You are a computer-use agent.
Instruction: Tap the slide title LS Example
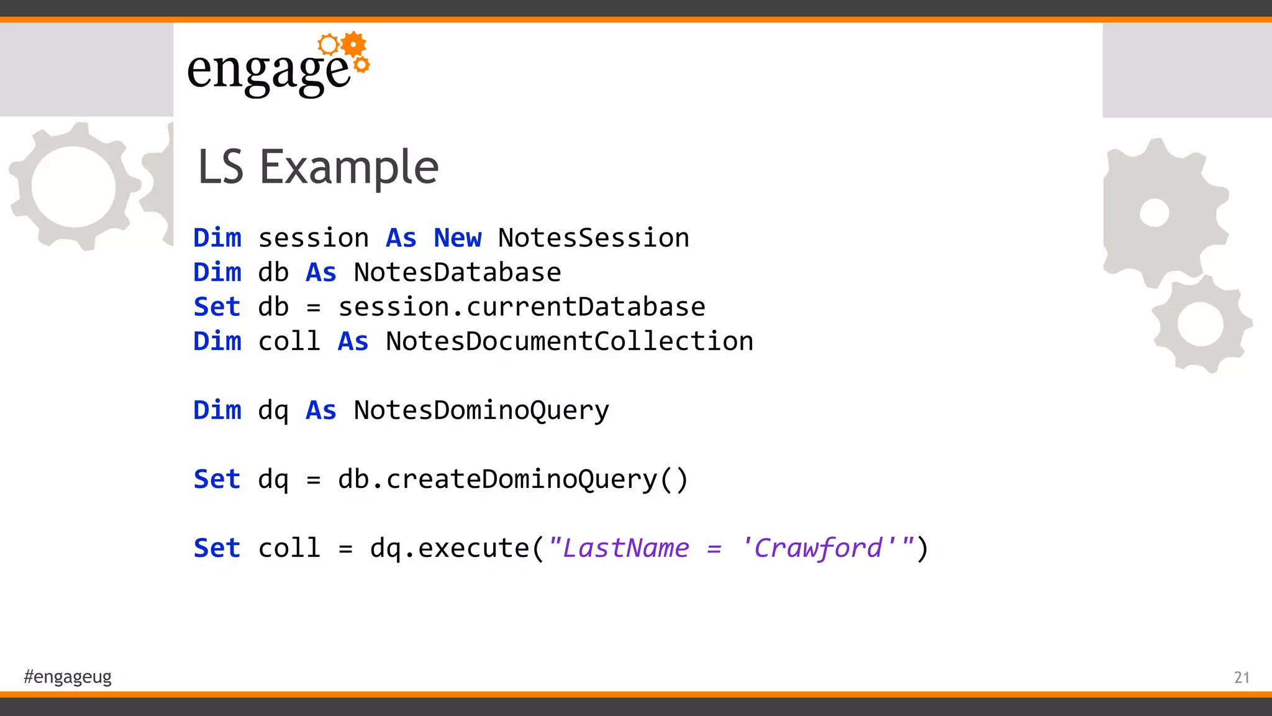318,167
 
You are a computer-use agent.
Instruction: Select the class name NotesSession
593,238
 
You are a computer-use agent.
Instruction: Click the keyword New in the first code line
457,238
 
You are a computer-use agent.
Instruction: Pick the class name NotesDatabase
457,273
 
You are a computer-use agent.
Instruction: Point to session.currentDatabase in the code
522,307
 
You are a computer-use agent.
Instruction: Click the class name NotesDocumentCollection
569,342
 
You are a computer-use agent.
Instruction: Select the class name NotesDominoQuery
481,411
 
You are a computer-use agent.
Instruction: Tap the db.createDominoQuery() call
513,480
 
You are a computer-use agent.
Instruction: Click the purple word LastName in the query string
626,548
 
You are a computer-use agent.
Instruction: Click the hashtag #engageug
68,676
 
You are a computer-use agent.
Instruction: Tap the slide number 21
1242,677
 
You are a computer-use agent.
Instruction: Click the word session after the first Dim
314,238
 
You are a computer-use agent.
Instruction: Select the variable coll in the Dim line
289,342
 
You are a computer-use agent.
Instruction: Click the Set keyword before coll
217,548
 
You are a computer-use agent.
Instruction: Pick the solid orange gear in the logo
354,44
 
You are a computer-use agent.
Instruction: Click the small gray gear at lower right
1201,324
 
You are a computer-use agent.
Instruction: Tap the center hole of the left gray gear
73,186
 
